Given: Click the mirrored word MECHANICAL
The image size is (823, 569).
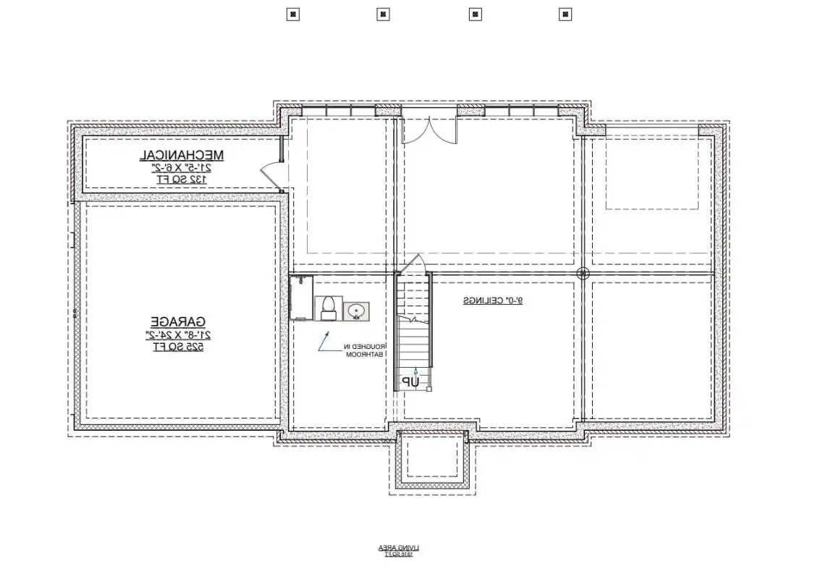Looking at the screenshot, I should tap(182, 155).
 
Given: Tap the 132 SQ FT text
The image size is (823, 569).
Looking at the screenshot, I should tap(182, 178).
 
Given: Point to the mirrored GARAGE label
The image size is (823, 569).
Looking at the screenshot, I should tap(178, 321).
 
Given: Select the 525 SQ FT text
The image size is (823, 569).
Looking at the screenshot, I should tap(178, 346).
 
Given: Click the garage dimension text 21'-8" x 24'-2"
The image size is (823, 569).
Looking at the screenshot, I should tap(178, 334).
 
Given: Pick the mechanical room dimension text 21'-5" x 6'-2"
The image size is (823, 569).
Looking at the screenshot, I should tap(182, 167).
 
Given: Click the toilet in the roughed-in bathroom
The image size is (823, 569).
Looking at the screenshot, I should tap(327, 308).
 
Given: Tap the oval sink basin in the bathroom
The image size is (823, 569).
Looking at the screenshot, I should tap(355, 311).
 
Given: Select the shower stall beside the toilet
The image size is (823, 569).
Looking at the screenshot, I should tap(300, 297).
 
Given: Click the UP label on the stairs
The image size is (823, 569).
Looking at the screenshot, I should tap(411, 381).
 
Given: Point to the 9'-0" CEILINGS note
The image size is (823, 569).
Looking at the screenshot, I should tap(493, 300).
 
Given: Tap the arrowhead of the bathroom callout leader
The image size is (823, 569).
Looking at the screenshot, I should tap(328, 334).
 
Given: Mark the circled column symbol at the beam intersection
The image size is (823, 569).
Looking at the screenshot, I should tap(583, 274).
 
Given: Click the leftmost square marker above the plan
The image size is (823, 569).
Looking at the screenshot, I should tap(292, 14).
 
